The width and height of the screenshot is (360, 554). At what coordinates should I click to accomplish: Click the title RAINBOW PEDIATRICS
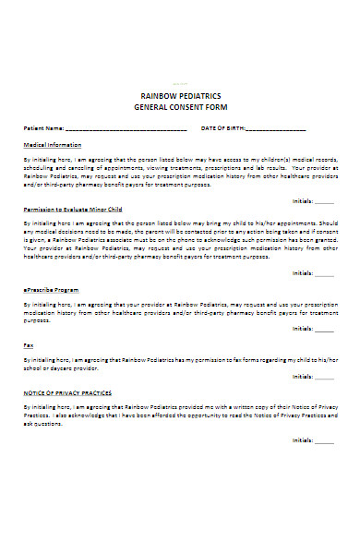pos(180,95)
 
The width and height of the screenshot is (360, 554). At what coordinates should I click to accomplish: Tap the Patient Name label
pos(43,127)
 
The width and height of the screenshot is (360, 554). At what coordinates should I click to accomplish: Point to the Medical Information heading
pos(52,145)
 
